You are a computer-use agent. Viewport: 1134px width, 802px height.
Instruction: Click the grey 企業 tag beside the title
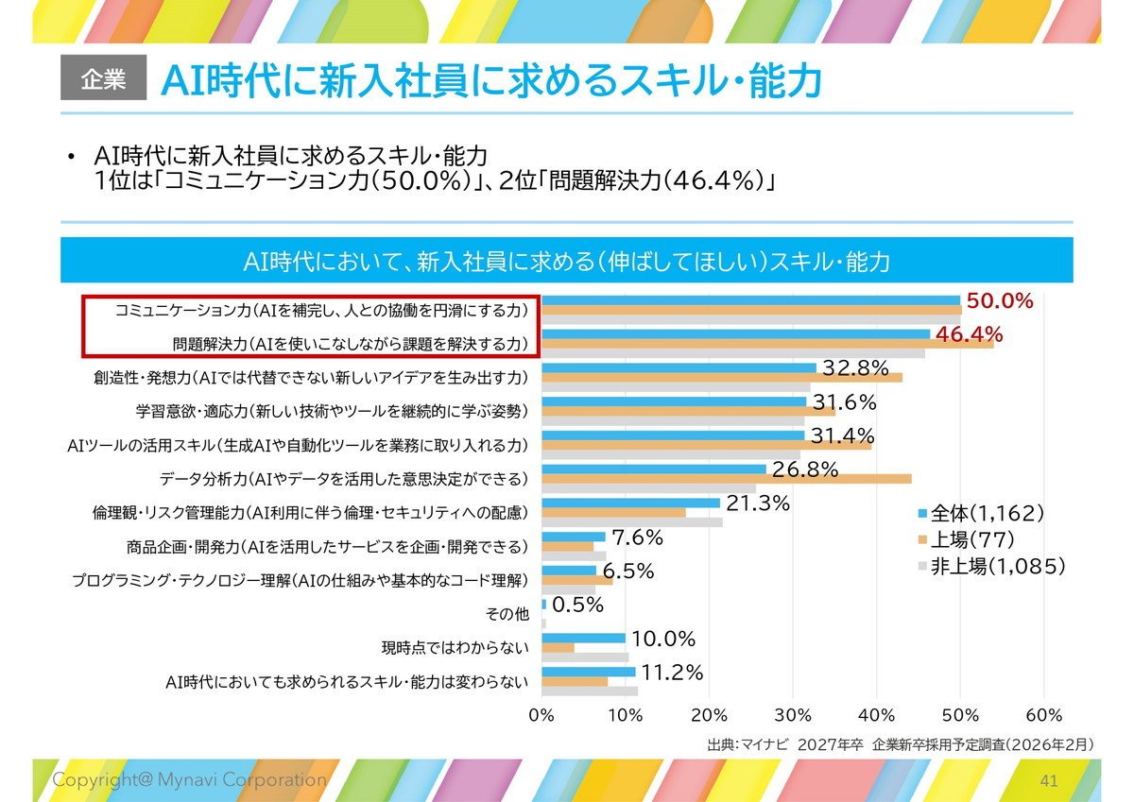[103, 77]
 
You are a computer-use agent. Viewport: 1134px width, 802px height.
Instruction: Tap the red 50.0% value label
[1000, 301]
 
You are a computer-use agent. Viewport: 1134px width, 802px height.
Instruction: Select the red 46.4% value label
[969, 334]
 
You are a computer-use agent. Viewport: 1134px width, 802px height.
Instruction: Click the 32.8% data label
[855, 368]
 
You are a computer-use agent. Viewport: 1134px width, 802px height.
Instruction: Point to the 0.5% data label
[577, 605]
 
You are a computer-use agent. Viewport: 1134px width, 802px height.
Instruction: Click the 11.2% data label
[672, 673]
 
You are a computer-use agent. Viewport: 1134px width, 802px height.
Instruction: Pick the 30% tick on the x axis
[793, 715]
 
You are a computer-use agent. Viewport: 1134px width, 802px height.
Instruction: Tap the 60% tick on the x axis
[1044, 715]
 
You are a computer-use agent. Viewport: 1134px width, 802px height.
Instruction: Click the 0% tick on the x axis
[541, 715]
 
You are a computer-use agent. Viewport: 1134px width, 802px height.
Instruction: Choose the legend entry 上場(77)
[967, 540]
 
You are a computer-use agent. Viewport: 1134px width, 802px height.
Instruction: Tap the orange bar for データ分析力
[727, 479]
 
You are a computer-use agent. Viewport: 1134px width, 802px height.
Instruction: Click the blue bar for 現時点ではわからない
[583, 638]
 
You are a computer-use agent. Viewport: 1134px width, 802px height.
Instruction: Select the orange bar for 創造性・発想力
[722, 378]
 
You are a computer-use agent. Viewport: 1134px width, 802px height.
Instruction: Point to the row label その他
[507, 614]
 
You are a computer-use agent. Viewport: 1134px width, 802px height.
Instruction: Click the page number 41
[1049, 781]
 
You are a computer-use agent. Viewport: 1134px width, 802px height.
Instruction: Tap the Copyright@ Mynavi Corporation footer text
[189, 779]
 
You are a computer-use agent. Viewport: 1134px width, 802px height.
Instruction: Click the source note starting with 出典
[900, 744]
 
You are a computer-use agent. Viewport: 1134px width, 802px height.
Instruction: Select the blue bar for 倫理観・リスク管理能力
[631, 503]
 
